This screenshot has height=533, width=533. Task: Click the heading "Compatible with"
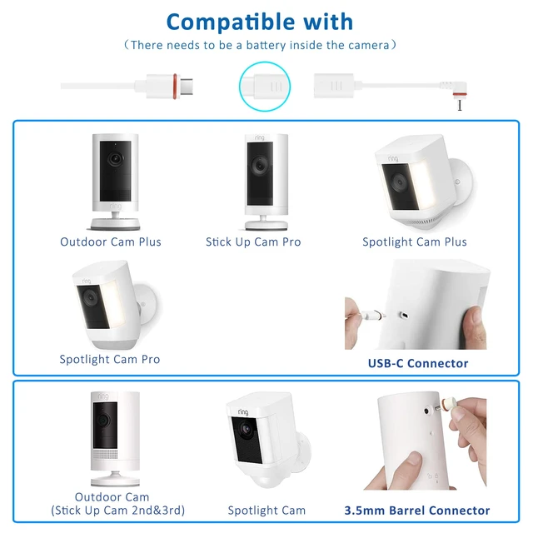click(260, 22)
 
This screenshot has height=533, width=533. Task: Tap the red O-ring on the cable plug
click(175, 87)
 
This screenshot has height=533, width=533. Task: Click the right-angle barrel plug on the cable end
click(457, 92)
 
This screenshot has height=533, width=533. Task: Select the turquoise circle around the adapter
click(265, 87)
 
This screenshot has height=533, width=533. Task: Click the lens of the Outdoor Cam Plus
click(115, 158)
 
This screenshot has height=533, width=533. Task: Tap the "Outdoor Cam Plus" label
click(111, 242)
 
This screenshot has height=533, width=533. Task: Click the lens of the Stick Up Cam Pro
click(260, 166)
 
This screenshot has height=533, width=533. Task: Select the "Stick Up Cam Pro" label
click(253, 242)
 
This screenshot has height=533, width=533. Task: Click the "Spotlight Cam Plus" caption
click(415, 242)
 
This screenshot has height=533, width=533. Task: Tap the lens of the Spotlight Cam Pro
click(91, 298)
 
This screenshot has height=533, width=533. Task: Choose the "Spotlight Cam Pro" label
click(110, 359)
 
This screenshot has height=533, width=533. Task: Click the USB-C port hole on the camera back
click(404, 315)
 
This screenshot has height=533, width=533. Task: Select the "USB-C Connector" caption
click(418, 363)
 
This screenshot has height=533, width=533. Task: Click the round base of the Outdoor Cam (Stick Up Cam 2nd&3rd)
click(115, 479)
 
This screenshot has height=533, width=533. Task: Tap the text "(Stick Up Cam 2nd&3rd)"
click(118, 511)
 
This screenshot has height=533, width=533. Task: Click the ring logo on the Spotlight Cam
click(243, 412)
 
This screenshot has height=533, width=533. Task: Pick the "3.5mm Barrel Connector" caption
click(417, 511)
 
